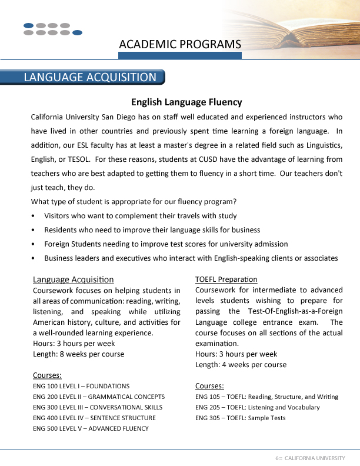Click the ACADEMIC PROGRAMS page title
pos(180,44)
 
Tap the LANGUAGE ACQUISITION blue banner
pos(90,78)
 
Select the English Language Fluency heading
pos(186,102)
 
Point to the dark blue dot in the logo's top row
pos(29,25)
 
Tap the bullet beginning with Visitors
pos(140,216)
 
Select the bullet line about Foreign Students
pos(166,244)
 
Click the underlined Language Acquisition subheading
pos(74,279)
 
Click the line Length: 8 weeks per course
pos(78,354)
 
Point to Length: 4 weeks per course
pos(241,365)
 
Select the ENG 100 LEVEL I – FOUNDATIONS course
pos(81,386)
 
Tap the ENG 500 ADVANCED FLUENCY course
pos(91,428)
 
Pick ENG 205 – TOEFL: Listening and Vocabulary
pos(257,407)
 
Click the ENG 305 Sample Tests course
pos(240,418)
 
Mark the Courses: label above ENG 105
pos(209,386)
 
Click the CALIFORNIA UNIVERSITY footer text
pos(314,458)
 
